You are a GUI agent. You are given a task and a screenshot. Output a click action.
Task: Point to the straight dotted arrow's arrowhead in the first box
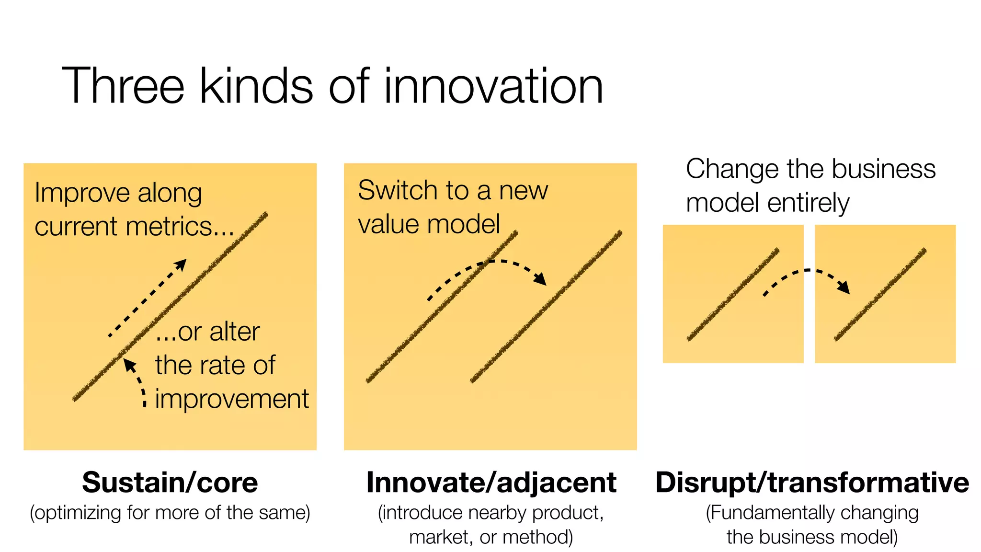point(181,264)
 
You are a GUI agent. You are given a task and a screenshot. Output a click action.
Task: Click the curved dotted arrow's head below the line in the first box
point(128,365)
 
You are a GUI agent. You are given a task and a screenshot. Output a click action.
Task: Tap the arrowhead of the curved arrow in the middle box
point(541,279)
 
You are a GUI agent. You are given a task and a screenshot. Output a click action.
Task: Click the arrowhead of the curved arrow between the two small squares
point(844,287)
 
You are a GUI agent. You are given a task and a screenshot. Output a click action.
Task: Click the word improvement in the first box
point(232,399)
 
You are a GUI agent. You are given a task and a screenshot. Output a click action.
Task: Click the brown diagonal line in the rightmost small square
point(880,294)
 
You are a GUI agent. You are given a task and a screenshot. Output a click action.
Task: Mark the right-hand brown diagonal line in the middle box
point(546,307)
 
